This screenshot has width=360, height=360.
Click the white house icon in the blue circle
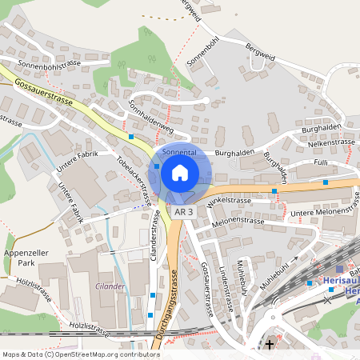point(180,172)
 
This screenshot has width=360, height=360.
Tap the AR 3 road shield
point(184,212)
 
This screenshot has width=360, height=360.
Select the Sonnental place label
point(179,151)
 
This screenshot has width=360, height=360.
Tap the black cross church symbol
point(270,345)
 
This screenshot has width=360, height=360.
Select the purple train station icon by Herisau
point(341,270)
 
